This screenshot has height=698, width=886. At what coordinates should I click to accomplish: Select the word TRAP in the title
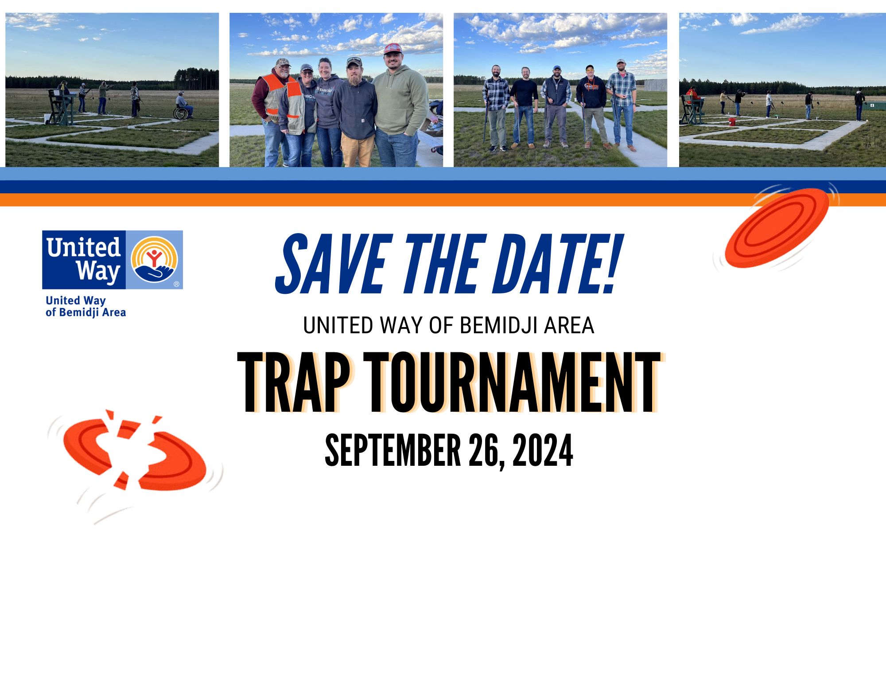[295, 382]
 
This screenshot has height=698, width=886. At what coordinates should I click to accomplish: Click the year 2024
[543, 450]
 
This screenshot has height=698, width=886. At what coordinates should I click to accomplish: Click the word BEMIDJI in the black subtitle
[498, 325]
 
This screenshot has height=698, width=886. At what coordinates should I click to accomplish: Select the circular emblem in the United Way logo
[154, 260]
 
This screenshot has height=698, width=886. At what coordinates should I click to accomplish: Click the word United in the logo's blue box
[84, 247]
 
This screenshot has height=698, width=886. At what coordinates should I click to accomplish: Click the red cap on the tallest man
[392, 48]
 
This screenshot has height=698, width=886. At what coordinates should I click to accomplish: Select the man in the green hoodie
[399, 106]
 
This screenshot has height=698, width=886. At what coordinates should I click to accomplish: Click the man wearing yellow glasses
[591, 106]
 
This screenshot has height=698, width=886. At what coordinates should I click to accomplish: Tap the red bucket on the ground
[732, 121]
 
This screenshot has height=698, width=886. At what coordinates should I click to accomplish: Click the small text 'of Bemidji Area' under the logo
[86, 312]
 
